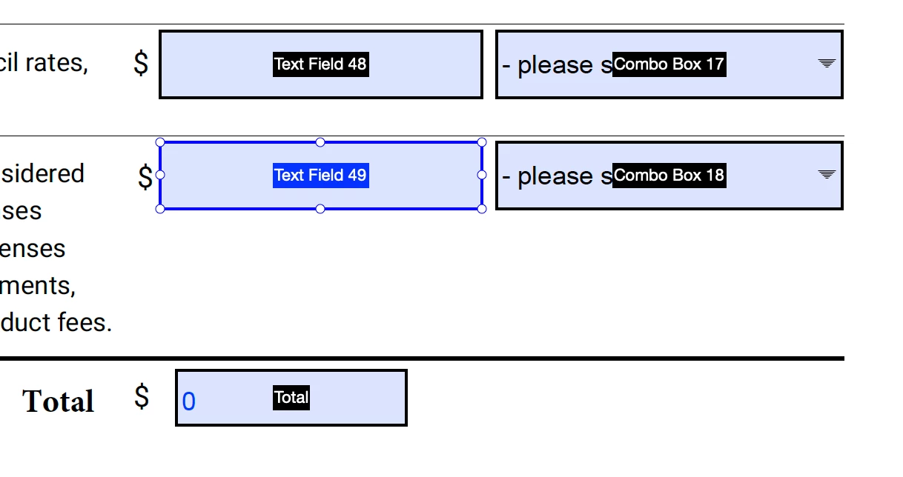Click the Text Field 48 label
click(320, 64)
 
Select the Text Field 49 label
click(320, 176)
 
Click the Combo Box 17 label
click(669, 64)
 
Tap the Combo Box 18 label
click(669, 176)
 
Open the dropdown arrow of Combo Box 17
click(827, 64)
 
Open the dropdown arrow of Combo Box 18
click(827, 175)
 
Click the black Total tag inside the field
click(291, 398)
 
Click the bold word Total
click(59, 401)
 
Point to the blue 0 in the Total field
click(189, 401)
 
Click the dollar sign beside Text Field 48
click(141, 64)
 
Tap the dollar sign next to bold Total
click(142, 397)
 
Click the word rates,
click(57, 63)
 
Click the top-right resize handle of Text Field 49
click(482, 141)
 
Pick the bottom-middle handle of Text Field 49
click(320, 209)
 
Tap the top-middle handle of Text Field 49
click(320, 141)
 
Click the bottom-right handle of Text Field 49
click(482, 209)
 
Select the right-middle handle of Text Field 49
click(482, 175)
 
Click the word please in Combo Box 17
click(555, 66)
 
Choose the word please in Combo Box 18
click(555, 177)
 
